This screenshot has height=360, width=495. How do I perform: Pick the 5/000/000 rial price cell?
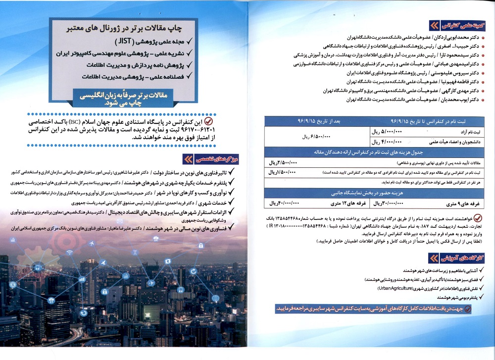tap(389, 131)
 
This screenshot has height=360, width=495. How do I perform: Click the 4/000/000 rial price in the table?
tap(389, 141)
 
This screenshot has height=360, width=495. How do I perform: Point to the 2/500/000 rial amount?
tap(283, 162)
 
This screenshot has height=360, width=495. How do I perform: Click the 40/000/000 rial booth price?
tap(284, 203)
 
